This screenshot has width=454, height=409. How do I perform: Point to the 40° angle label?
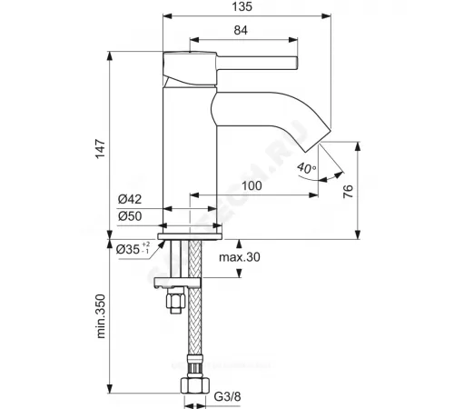click(308, 167)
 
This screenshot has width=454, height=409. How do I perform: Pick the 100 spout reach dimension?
click(252, 186)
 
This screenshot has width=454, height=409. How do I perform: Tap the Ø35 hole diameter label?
click(129, 247)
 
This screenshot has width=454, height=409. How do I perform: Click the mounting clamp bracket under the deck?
click(186, 280)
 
